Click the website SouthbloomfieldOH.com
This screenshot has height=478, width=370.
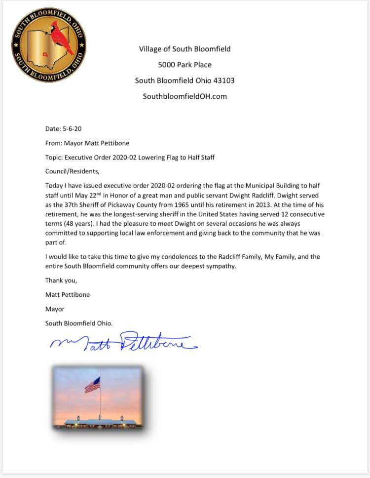click(185, 96)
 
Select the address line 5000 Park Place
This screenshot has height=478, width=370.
click(185, 65)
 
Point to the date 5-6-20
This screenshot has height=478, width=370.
click(71, 129)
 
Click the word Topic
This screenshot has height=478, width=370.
click(54, 158)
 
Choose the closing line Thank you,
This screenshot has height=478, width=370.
click(61, 280)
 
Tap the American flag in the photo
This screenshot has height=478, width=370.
click(92, 385)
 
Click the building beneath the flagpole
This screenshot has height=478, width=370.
click(99, 421)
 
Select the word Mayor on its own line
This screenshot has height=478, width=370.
click(55, 309)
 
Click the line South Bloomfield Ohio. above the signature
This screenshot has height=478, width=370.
click(79, 323)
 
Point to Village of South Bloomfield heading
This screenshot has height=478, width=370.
click(185, 49)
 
